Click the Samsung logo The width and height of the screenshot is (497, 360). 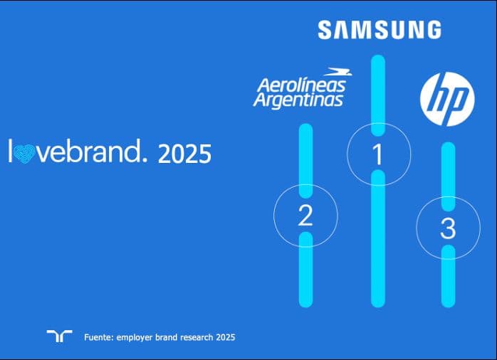(379, 29)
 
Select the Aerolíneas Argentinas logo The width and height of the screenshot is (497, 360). (299, 88)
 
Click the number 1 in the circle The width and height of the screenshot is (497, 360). (378, 154)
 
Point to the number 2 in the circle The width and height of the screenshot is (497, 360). (305, 216)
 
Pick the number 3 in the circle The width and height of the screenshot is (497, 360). (448, 228)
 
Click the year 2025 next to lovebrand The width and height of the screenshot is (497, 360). (184, 154)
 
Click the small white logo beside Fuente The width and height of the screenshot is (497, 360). (59, 337)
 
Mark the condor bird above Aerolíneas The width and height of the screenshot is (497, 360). (335, 72)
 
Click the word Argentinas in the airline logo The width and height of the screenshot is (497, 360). (298, 99)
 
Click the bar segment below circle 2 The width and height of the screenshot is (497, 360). (305, 274)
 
